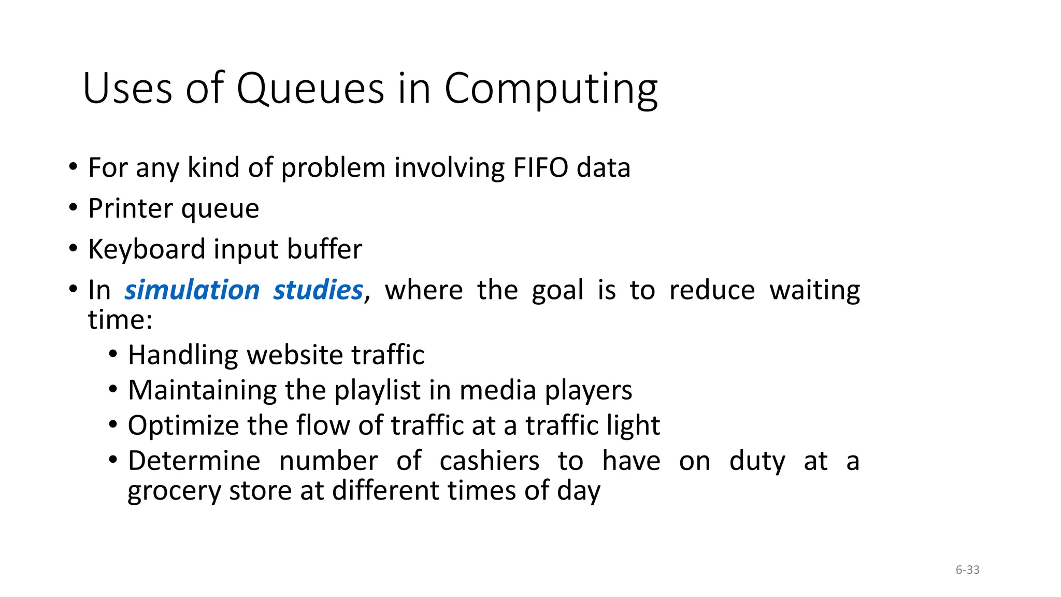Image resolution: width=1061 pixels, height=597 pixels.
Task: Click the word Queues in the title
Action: [310, 89]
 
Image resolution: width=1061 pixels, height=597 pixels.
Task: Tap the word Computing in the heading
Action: [551, 89]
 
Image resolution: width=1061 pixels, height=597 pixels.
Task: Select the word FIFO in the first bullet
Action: [540, 167]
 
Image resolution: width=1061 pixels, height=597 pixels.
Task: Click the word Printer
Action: [130, 208]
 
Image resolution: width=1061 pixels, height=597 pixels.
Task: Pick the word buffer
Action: [324, 249]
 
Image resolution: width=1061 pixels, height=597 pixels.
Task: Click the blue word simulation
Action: [192, 290]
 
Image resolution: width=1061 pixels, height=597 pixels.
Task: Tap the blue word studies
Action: [318, 290]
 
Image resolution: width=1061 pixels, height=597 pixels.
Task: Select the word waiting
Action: [814, 290]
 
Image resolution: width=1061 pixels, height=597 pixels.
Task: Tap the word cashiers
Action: [489, 461]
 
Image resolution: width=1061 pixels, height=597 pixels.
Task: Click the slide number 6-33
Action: [967, 570]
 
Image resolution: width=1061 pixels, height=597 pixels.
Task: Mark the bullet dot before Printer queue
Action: [73, 208]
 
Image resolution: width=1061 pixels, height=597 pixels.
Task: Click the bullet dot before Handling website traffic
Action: [113, 355]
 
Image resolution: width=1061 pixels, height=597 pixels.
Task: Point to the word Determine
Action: [194, 461]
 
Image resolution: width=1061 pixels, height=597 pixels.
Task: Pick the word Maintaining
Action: [202, 390]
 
